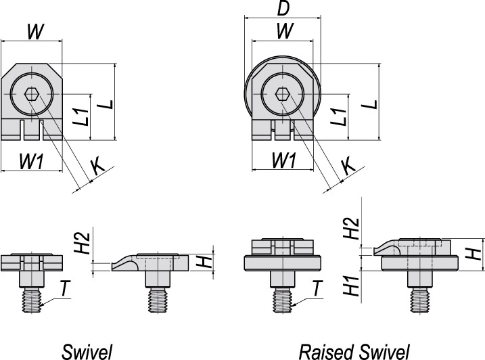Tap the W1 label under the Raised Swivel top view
click(x=282, y=160)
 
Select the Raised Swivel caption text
click(x=354, y=351)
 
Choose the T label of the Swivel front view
click(x=63, y=289)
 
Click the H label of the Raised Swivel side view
click(x=475, y=254)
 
